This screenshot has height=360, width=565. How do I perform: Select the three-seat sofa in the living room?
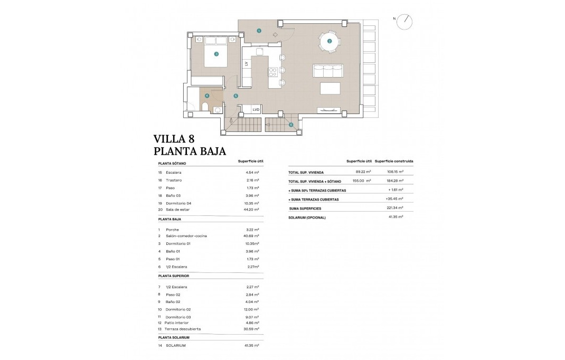(328, 71)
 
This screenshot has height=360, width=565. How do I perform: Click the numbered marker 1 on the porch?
(259, 31)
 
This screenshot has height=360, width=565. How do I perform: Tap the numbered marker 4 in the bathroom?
(207, 96)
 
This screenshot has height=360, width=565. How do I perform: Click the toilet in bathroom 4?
(205, 107)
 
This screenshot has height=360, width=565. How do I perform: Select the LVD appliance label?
(256, 110)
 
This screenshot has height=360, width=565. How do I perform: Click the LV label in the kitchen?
(246, 64)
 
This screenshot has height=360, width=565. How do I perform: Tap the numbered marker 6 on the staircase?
(291, 125)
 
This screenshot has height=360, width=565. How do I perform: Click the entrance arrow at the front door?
(275, 35)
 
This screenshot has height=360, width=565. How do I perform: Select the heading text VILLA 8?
(174, 139)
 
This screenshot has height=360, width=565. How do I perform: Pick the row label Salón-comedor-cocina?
(178, 236)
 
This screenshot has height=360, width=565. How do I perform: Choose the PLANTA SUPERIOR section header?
(173, 276)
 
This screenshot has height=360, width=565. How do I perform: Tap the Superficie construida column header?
(394, 161)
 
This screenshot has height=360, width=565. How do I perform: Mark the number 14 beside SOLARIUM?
(160, 345)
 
